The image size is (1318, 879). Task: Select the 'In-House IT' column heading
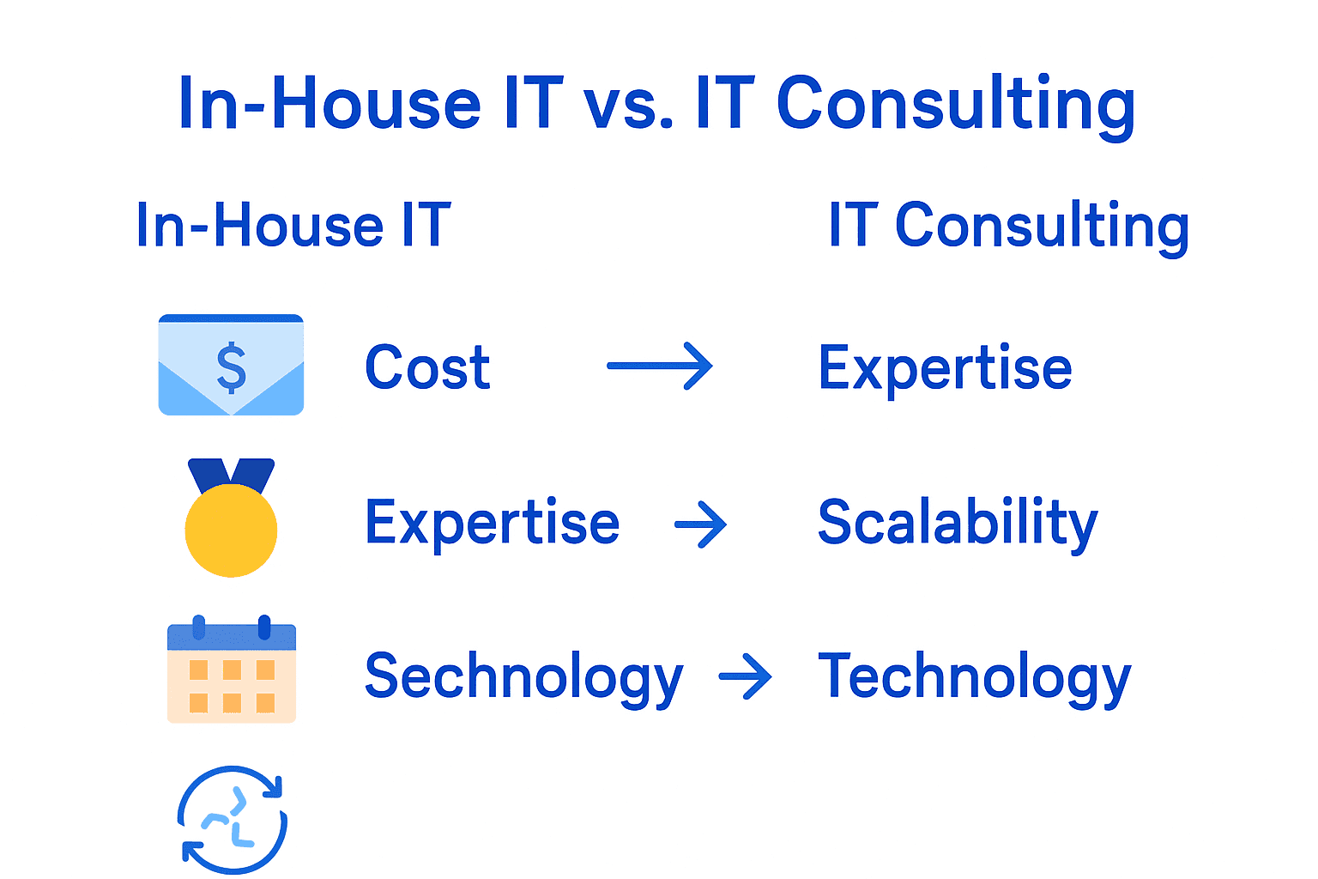[x=293, y=226]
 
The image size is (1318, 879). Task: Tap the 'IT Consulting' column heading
[x=1008, y=226]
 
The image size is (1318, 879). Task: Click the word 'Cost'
[x=427, y=367]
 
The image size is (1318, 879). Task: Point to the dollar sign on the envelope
[x=232, y=367]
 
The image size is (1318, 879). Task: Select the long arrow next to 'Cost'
[x=659, y=367]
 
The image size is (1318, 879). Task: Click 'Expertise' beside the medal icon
[x=492, y=523]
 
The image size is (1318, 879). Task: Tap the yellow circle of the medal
[x=232, y=530]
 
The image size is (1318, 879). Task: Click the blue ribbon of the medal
[x=232, y=474]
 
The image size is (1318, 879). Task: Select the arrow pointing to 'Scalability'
[x=701, y=524]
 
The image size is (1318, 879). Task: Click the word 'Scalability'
[x=958, y=523]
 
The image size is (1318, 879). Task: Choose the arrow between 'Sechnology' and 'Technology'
[x=745, y=677]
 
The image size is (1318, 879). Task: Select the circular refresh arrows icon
[x=232, y=820]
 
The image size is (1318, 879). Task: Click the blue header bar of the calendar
[x=232, y=637]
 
